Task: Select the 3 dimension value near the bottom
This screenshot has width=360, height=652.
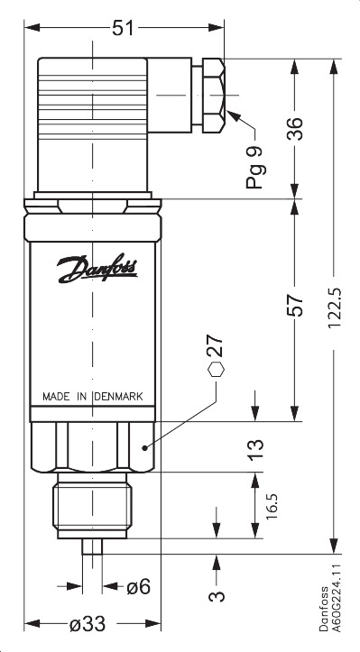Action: pos(217,596)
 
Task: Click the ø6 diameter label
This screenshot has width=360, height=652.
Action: pos(138,586)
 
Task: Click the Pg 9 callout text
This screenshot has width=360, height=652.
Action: pos(256,166)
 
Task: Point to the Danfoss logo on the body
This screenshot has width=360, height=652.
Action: pos(98,268)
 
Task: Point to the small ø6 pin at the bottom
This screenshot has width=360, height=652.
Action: pos(93,545)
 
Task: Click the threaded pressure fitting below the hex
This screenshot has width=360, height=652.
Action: pos(93,509)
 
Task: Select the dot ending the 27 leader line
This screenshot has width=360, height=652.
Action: pos(144,445)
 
